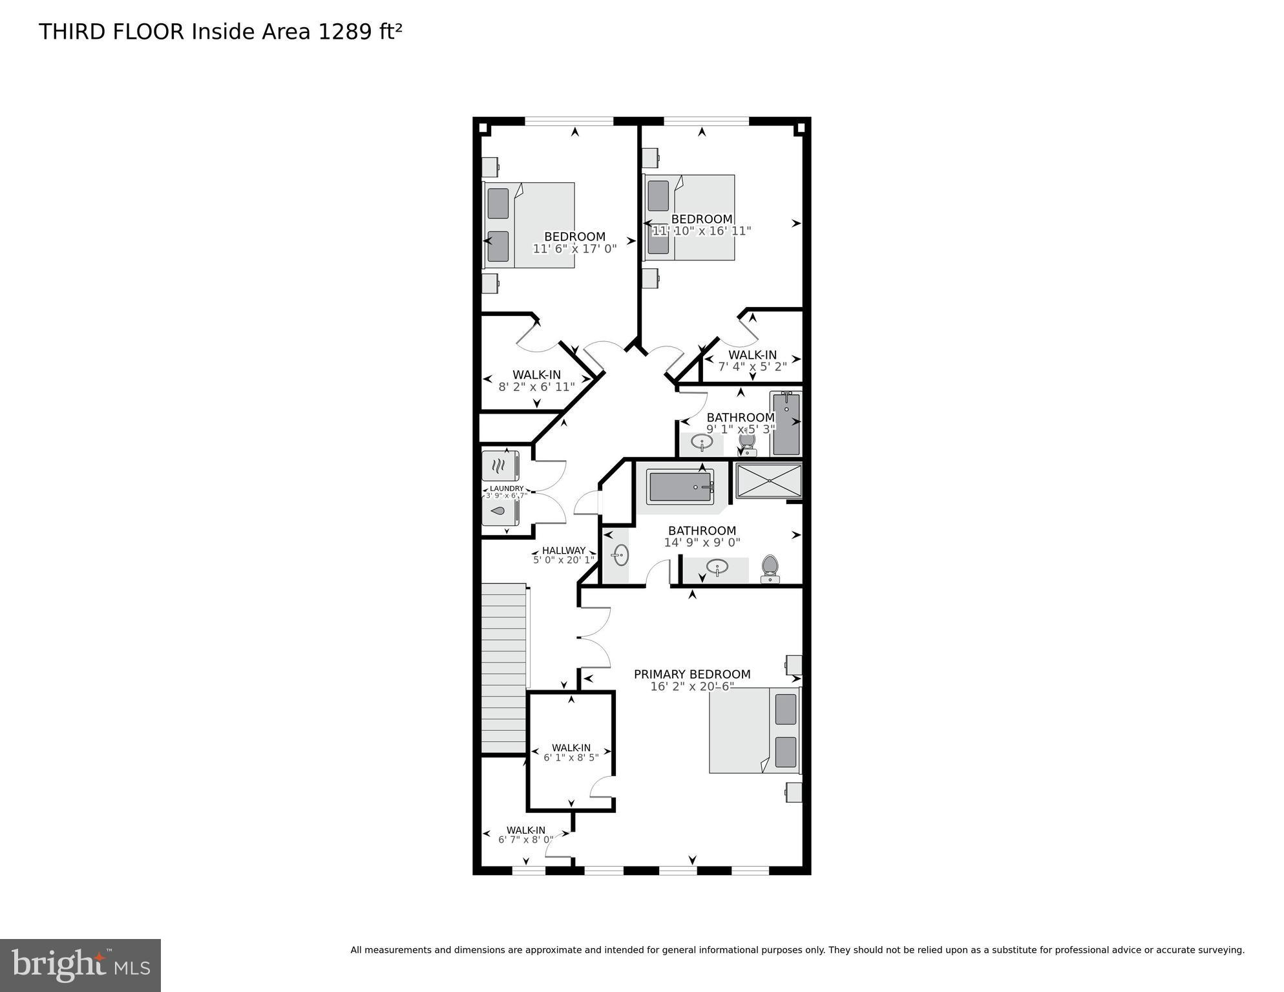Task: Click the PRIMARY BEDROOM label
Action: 691,674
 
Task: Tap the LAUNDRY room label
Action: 507,489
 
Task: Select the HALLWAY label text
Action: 563,551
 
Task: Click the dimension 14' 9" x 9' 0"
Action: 702,543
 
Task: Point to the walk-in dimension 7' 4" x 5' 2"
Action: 752,366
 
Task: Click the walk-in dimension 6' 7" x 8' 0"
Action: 525,840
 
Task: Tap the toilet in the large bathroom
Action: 770,568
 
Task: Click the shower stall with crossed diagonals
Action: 768,480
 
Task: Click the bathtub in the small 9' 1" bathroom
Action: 786,423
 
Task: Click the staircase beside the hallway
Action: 504,669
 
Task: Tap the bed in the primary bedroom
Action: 754,730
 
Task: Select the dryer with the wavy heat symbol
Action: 500,465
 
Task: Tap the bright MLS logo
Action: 80,966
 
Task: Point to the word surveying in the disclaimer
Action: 1221,950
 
